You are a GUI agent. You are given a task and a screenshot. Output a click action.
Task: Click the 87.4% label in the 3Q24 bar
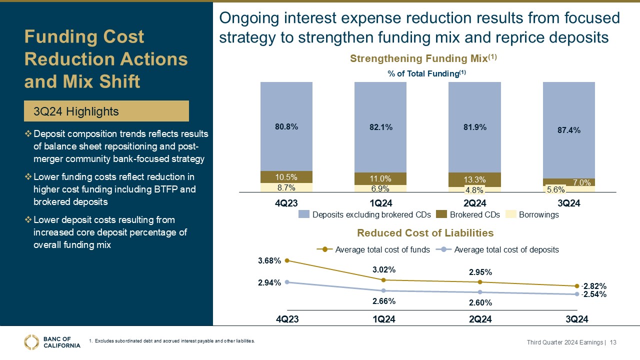click(x=568, y=130)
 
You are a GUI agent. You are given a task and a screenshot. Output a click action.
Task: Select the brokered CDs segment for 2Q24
click(x=474, y=179)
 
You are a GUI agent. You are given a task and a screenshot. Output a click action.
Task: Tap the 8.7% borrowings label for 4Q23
click(x=286, y=188)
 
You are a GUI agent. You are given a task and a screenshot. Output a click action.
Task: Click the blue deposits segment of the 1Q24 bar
click(x=380, y=127)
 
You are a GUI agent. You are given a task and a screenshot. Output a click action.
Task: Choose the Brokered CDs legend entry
click(x=468, y=214)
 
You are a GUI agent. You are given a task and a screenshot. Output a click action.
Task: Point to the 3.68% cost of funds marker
click(x=287, y=260)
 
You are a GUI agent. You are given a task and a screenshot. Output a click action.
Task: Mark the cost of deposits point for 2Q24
click(x=480, y=292)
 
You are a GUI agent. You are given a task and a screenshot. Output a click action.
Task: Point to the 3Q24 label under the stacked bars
click(x=568, y=203)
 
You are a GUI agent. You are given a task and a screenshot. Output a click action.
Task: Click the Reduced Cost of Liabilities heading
click(x=425, y=233)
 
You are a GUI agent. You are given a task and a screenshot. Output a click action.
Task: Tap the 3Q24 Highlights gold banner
click(x=106, y=111)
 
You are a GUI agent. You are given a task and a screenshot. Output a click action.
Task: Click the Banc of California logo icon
click(x=31, y=341)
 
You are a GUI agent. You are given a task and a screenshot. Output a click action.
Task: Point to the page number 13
click(x=613, y=342)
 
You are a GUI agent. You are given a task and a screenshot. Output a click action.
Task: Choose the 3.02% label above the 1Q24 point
click(x=383, y=270)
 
